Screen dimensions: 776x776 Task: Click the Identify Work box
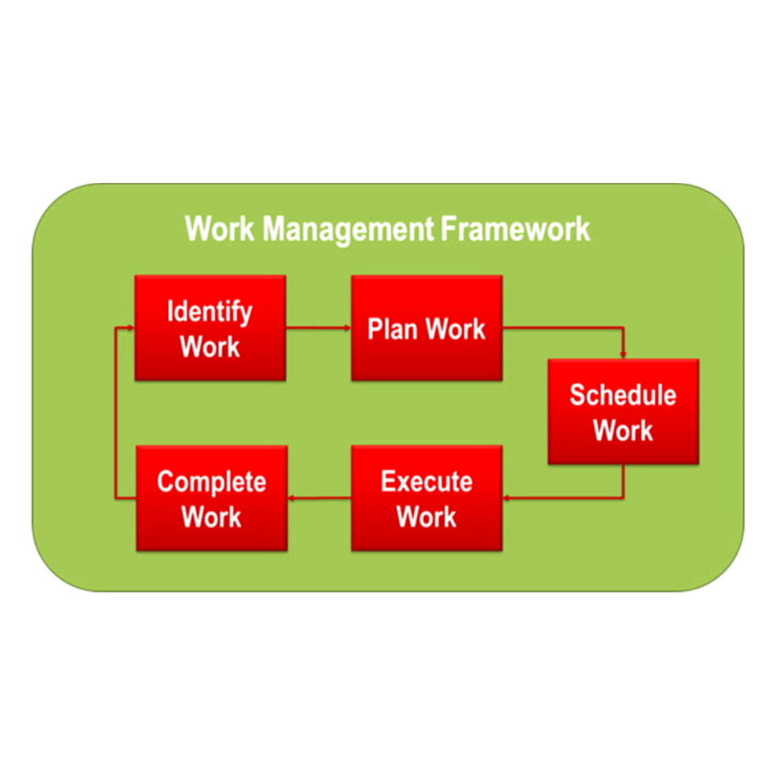click(x=211, y=328)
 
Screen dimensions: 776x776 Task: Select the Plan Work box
click(x=427, y=328)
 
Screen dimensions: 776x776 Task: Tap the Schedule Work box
click(x=624, y=412)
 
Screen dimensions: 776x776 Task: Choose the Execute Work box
click(x=427, y=498)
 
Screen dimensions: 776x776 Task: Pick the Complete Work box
click(x=212, y=498)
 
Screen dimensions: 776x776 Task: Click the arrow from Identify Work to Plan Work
click(x=318, y=328)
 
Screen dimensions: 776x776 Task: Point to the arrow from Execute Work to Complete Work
click(x=319, y=498)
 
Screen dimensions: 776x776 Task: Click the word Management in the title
click(x=348, y=230)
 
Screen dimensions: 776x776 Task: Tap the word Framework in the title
click(x=515, y=228)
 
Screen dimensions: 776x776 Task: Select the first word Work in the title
click(x=220, y=228)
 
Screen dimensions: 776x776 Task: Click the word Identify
click(x=210, y=313)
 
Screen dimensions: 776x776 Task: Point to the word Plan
click(x=392, y=328)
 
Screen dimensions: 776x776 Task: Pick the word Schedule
click(x=623, y=395)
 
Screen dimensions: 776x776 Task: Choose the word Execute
click(x=427, y=481)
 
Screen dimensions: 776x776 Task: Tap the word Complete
click(x=212, y=483)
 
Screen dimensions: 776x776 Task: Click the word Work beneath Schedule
click(x=623, y=430)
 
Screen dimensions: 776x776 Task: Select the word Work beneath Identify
click(x=210, y=346)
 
